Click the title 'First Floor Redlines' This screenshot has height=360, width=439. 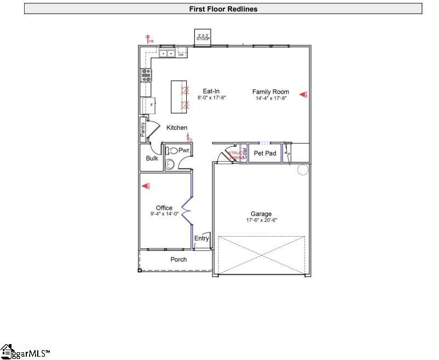pyautogui.click(x=223, y=9)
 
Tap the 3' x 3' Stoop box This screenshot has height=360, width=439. pyautogui.click(x=204, y=37)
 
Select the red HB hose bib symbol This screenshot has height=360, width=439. pyautogui.click(x=148, y=39)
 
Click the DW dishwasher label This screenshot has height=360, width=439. pyautogui.click(x=180, y=54)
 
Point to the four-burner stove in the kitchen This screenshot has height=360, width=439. pyautogui.click(x=146, y=75)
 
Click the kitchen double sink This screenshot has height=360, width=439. pyautogui.click(x=167, y=54)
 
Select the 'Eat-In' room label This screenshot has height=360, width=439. pyautogui.click(x=212, y=92)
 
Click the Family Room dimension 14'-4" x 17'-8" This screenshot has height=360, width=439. pyautogui.click(x=270, y=99)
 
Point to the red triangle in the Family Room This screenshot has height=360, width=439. pyautogui.click(x=303, y=94)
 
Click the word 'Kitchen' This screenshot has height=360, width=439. pyautogui.click(x=177, y=128)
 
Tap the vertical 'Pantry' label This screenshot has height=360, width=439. pyautogui.click(x=143, y=130)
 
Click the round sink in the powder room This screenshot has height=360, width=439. pyautogui.click(x=169, y=163)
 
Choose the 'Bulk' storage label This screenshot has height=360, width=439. pyautogui.click(x=152, y=158)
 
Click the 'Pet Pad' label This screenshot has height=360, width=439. pyautogui.click(x=265, y=153)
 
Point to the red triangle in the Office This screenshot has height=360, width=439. pyautogui.click(x=146, y=187)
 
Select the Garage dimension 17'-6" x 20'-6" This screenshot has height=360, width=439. pyautogui.click(x=261, y=220)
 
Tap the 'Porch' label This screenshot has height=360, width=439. pyautogui.click(x=178, y=259)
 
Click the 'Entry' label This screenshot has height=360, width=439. pyautogui.click(x=201, y=238)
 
